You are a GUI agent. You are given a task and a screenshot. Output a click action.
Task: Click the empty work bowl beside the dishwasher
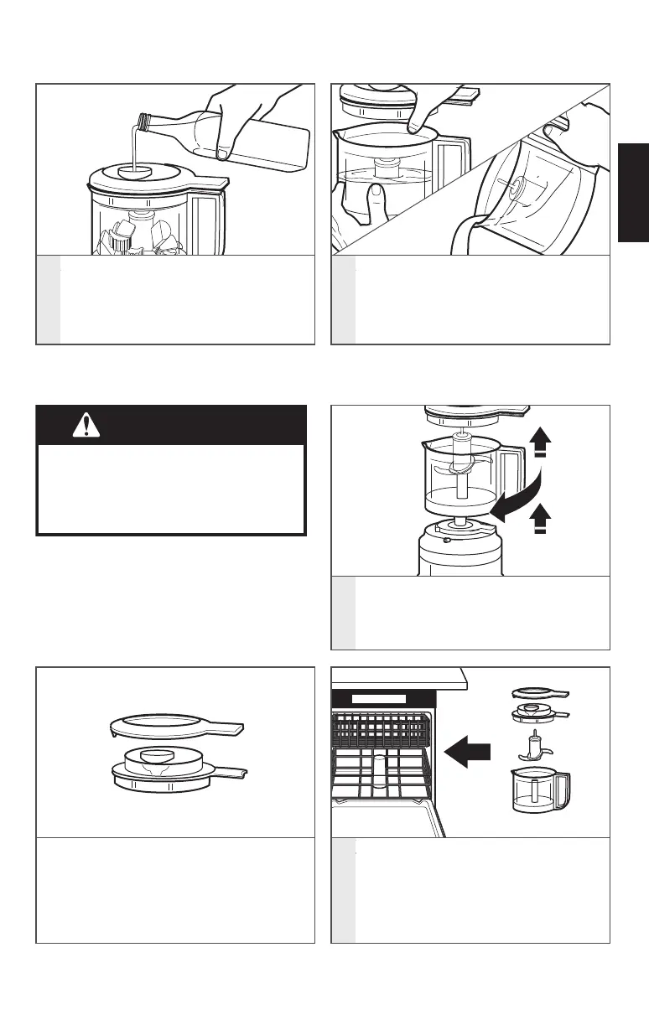pos(539,790)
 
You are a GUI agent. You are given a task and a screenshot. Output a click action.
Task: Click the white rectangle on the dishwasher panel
pos(377,698)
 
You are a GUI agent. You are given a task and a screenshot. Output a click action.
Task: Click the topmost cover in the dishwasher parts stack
pos(538,692)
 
